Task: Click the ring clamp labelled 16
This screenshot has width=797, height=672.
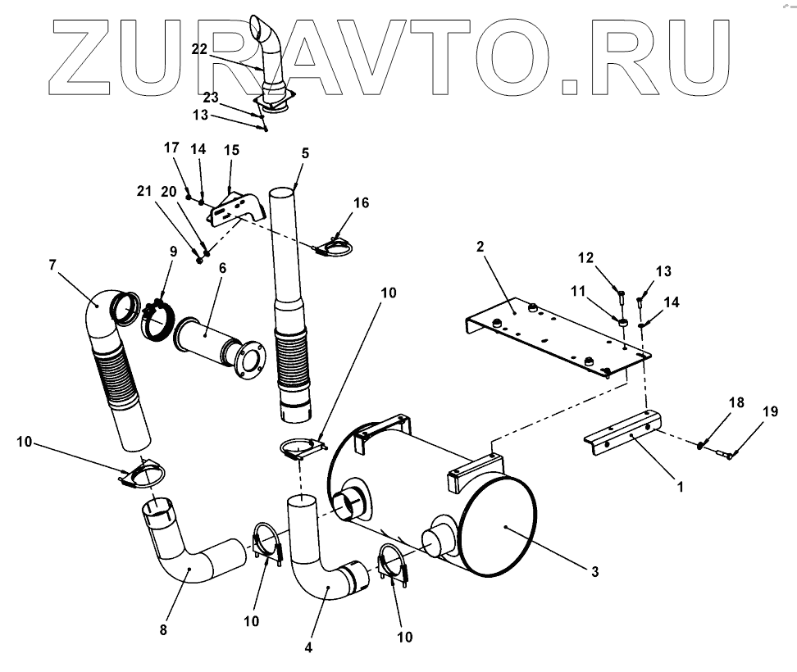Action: pyautogui.click(x=332, y=246)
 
